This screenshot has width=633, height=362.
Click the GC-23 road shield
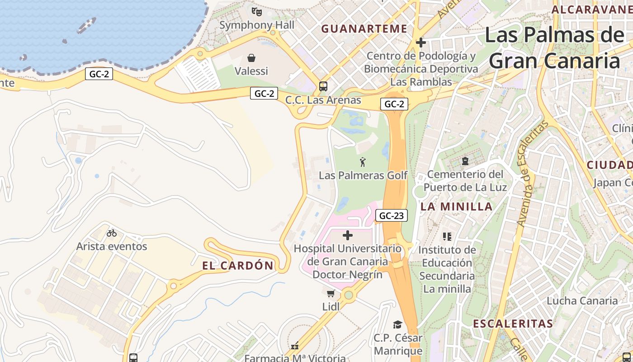391,216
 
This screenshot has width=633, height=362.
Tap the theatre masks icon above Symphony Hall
257,11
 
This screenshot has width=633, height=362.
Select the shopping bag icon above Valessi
251,58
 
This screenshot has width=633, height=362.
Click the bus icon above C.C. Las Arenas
323,86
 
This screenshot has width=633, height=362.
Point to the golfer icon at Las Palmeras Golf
363,162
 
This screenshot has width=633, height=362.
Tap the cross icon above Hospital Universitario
348,235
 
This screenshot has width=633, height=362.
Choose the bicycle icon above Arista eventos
112,233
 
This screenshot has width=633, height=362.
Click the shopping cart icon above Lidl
331,293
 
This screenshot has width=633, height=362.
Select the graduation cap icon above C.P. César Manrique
397,324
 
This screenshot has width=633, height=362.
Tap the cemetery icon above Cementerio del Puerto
465,161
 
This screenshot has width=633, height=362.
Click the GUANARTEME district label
364,29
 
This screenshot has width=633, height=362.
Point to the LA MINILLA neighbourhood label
457,207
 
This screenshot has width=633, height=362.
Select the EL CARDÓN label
238,266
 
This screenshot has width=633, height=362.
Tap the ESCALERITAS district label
513,324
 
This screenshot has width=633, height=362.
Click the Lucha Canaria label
582,300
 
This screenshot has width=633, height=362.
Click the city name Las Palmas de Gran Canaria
554,48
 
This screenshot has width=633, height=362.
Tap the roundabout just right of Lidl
348,295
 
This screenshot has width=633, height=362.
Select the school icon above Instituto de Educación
447,236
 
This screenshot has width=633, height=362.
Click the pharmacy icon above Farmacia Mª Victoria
295,346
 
